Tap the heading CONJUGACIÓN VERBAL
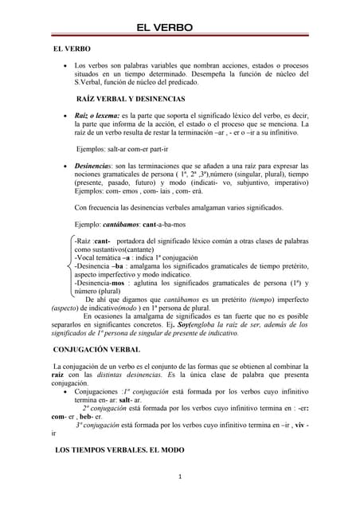tap(96, 350)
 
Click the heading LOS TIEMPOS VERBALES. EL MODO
tap(119, 450)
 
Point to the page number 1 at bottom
tap(181, 478)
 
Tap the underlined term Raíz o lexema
tap(98, 116)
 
